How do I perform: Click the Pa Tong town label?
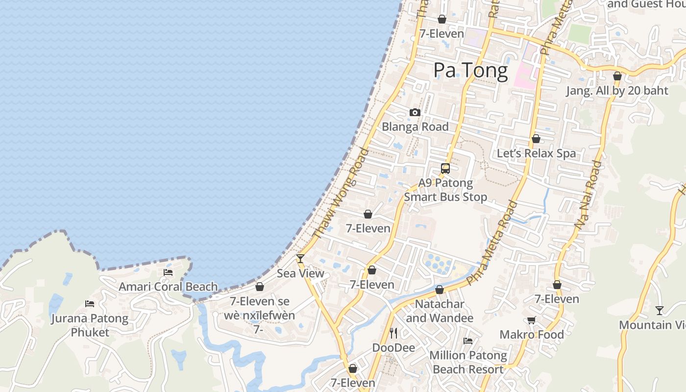pyautogui.click(x=470, y=71)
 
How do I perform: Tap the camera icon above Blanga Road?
pyautogui.click(x=415, y=113)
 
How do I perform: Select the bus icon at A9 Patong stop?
pyautogui.click(x=445, y=169)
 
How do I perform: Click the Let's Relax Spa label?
pyautogui.click(x=536, y=153)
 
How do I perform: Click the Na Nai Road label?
pyautogui.click(x=588, y=195)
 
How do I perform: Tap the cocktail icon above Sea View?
pyautogui.click(x=300, y=258)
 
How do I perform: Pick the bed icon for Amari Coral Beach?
pyautogui.click(x=168, y=272)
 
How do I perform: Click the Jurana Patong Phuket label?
pyautogui.click(x=90, y=325)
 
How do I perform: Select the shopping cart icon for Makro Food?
pyautogui.click(x=531, y=320)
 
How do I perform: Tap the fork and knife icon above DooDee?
pyautogui.click(x=393, y=333)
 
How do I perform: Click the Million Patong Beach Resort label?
pyautogui.click(x=468, y=362)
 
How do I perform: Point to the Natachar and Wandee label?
pyautogui.click(x=440, y=311)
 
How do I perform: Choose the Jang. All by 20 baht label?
pyautogui.click(x=617, y=91)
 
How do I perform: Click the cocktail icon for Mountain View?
pyautogui.click(x=660, y=310)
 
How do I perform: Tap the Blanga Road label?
pyautogui.click(x=415, y=127)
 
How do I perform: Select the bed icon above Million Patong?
pyautogui.click(x=468, y=341)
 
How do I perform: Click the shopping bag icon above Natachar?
pyautogui.click(x=440, y=290)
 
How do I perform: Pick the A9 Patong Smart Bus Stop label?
pyautogui.click(x=445, y=190)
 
